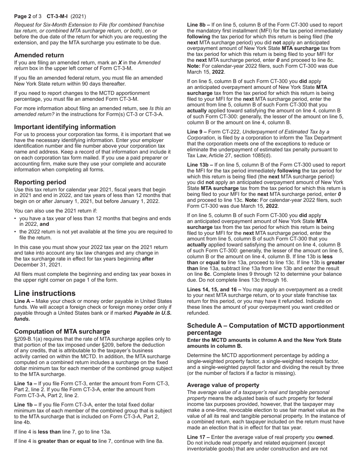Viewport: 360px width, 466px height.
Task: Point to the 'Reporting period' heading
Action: coord(40,182)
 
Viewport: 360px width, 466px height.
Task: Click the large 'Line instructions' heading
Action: coord(45,293)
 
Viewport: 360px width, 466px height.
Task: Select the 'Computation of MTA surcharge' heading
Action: coord(57,331)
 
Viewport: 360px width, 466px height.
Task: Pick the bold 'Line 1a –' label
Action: coord(25,383)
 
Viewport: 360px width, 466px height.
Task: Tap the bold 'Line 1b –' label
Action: coord(25,405)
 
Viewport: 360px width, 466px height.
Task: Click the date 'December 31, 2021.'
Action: coord(38,264)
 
